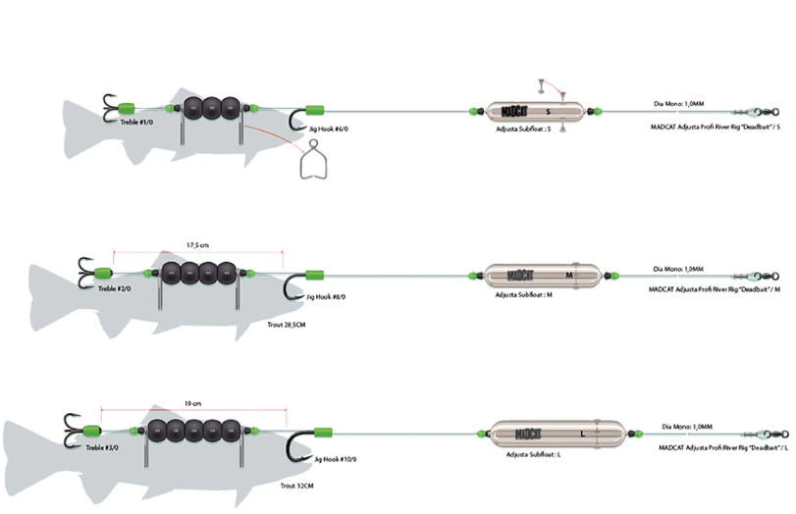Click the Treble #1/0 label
click(135, 123)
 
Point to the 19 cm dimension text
click(191, 402)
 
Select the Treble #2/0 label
click(113, 288)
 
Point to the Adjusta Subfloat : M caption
click(524, 294)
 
